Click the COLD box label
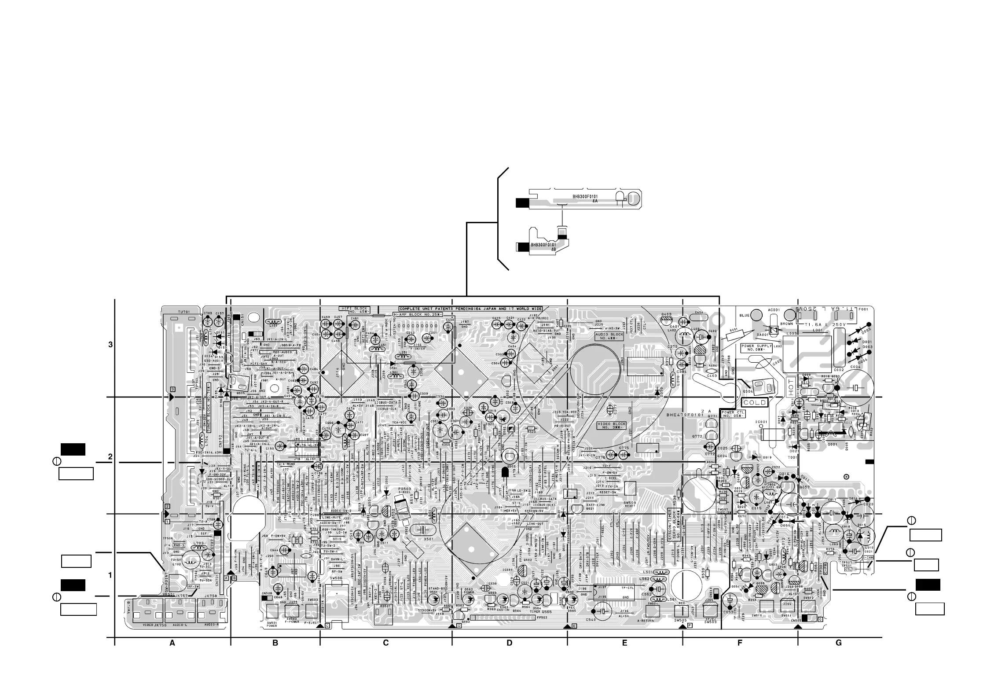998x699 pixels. [x=755, y=402]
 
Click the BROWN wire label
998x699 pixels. [x=787, y=324]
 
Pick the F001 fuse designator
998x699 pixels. [x=863, y=309]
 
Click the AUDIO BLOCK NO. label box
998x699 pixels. [x=609, y=336]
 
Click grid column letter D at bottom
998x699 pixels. [x=510, y=643]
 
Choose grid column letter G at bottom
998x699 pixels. [x=838, y=643]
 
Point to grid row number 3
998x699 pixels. [x=110, y=345]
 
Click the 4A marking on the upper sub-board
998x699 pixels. [x=595, y=201]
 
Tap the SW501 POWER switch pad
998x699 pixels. [x=272, y=611]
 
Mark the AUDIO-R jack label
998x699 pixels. [x=211, y=625]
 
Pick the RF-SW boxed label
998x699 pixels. [x=193, y=586]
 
